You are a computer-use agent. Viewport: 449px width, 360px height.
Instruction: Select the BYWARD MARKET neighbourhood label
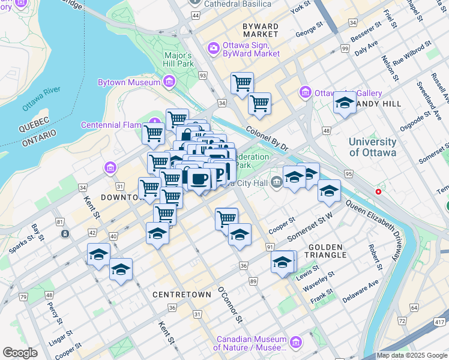261,31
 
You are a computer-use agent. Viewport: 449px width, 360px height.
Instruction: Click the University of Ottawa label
373,147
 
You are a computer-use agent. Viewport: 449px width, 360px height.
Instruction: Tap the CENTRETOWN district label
182,295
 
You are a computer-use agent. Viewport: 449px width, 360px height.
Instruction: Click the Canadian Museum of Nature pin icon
295,342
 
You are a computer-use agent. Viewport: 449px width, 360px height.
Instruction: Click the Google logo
20,353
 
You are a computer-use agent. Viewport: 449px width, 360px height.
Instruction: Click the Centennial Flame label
110,125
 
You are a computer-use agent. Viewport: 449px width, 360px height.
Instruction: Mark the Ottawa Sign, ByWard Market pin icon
213,48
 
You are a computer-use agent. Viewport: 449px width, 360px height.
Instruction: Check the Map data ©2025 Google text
412,355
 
